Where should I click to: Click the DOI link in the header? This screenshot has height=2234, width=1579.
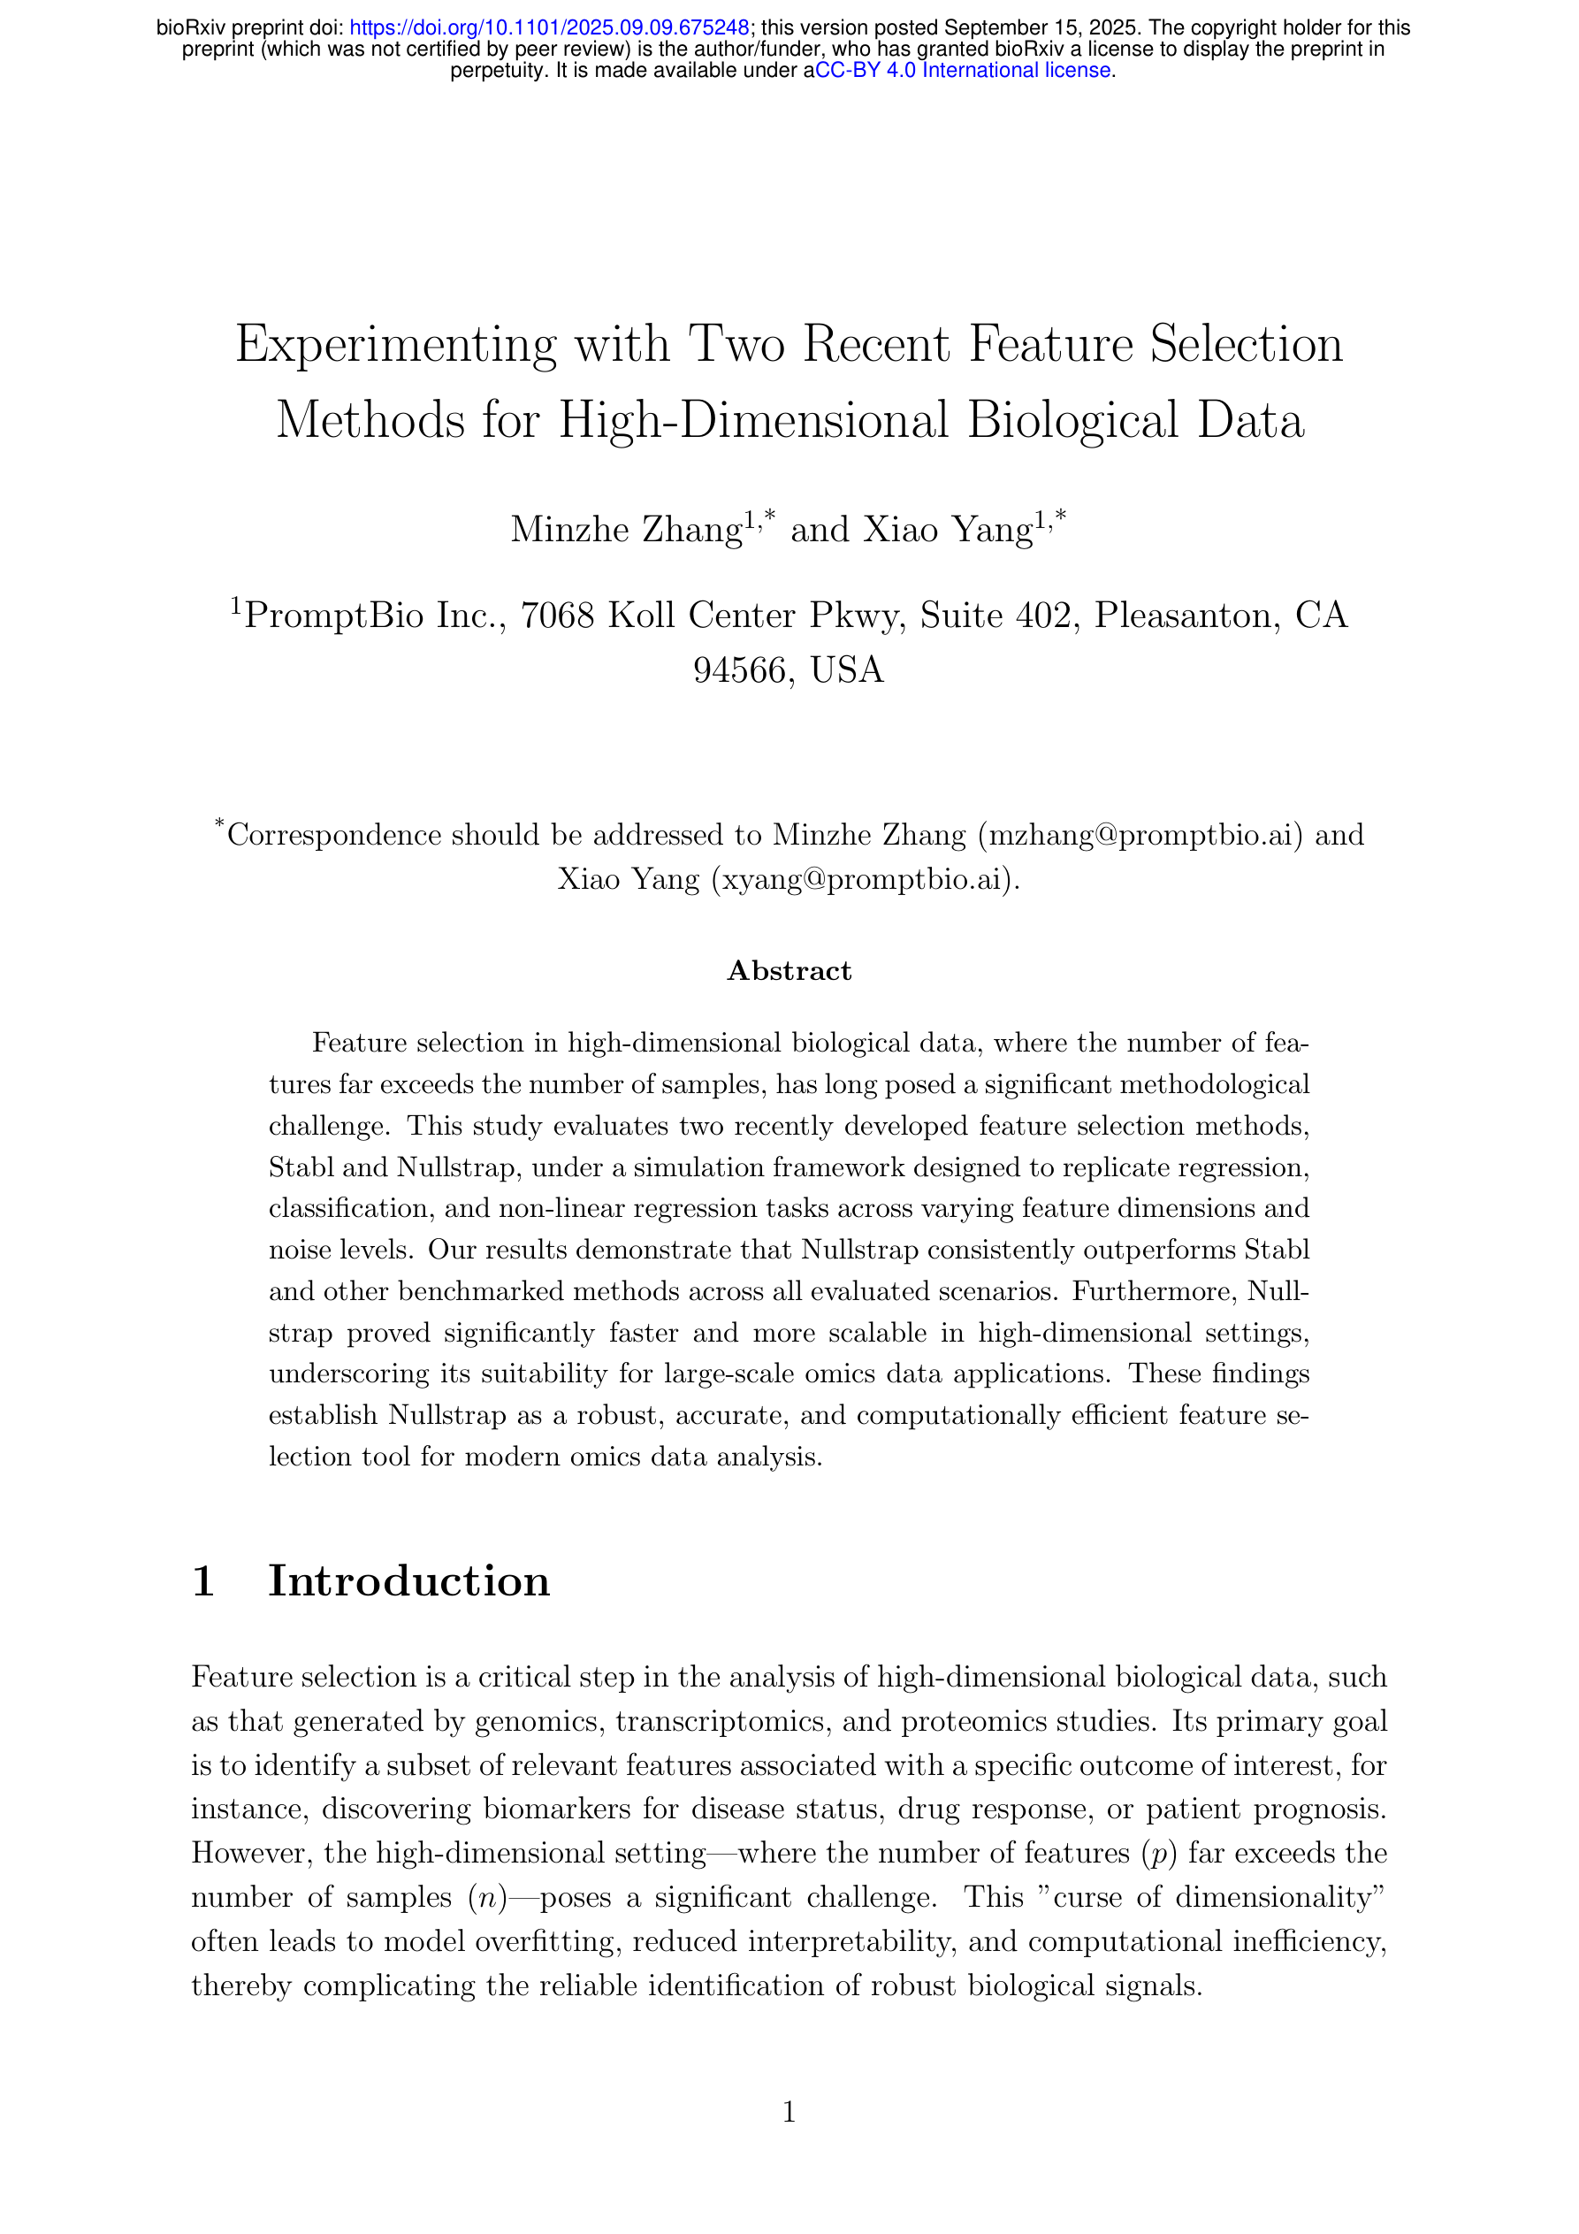coord(549,28)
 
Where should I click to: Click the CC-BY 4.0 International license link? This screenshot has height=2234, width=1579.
coord(963,70)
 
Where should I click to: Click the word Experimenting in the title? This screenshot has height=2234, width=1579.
coord(396,346)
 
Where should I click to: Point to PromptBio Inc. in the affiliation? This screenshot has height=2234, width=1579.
coord(375,616)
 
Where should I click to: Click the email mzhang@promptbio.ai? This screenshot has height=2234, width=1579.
coord(1140,835)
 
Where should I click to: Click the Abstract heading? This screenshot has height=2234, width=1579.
coord(789,971)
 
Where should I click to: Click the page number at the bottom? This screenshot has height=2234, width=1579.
coord(789,2111)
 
